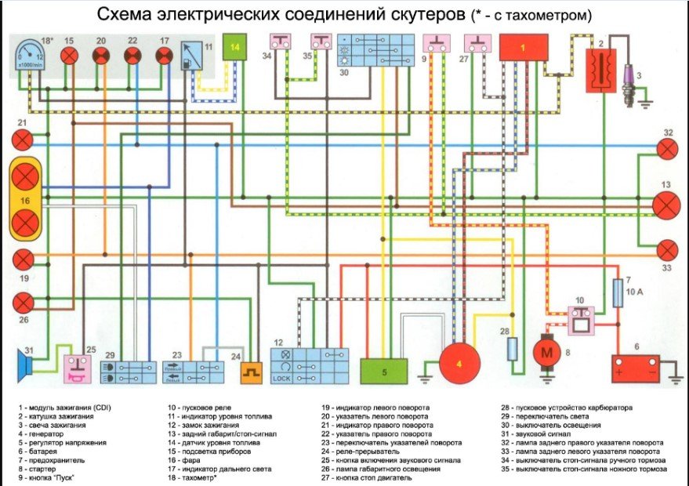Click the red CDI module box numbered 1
[x=524, y=47]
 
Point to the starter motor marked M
[x=545, y=353]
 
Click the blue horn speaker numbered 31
[x=30, y=362]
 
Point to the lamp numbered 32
[x=666, y=149]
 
